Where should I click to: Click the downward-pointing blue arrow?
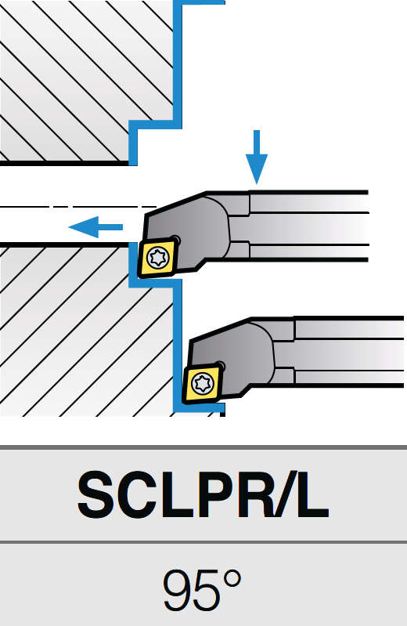257,157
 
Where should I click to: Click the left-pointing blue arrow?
95,227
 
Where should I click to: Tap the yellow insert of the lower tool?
201,383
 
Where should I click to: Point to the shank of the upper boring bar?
308,226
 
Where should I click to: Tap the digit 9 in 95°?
178,590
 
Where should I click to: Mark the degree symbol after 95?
232,580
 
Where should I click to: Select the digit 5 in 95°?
207,591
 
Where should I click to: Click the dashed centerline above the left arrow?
77,207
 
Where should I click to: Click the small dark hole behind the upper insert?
176,240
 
